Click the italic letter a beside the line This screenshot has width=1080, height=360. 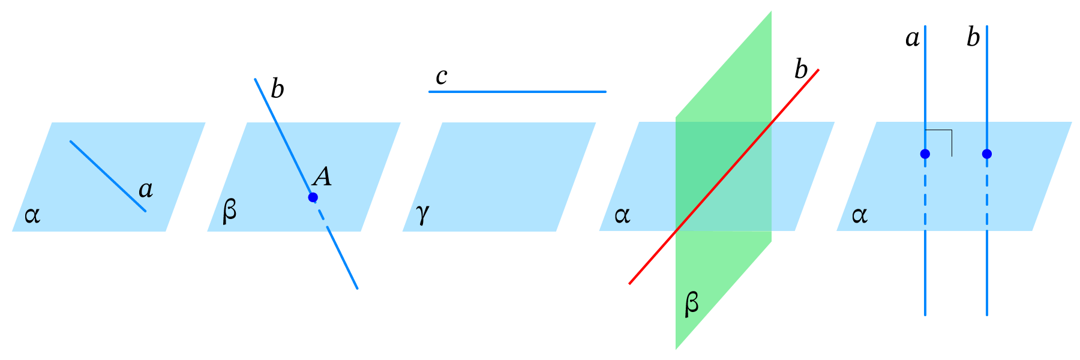tap(146, 190)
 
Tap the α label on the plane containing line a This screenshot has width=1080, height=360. tap(32, 215)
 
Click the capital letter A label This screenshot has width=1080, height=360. tap(322, 176)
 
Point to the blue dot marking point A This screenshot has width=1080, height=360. tap(313, 197)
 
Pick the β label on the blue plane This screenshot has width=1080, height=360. tap(229, 211)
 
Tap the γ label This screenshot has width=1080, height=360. tap(422, 213)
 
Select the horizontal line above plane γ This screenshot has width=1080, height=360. tap(517, 92)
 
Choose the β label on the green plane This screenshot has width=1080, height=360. tap(691, 304)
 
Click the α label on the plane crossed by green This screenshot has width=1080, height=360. tap(622, 215)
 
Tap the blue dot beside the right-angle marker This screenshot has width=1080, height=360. tap(925, 154)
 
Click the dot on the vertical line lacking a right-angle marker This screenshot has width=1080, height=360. tap(987, 154)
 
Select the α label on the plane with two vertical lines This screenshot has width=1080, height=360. tap(859, 215)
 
